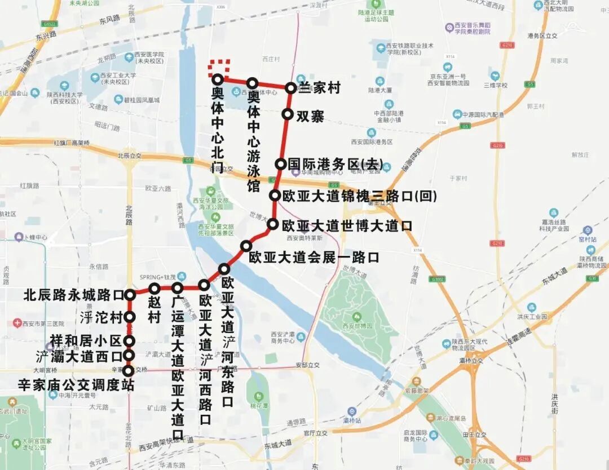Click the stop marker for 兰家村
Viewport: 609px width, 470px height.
tap(290, 88)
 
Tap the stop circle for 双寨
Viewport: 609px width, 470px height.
tap(287, 114)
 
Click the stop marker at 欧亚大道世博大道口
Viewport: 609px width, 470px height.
tap(272, 224)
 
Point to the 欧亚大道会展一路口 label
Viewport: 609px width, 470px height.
tap(314, 258)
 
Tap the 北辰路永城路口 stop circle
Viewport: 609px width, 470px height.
tap(130, 294)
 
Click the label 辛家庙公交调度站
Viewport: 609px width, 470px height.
tap(76, 385)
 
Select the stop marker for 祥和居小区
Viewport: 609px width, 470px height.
tap(129, 341)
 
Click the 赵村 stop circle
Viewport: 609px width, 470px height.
tap(155, 289)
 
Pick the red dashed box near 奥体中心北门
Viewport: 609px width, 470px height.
tap(219, 67)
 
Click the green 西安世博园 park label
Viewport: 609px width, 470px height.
tap(357, 326)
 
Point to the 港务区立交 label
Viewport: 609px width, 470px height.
tap(542, 36)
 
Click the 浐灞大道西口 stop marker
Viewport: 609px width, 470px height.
tap(129, 356)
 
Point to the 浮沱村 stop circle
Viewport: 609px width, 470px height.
tap(129, 317)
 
